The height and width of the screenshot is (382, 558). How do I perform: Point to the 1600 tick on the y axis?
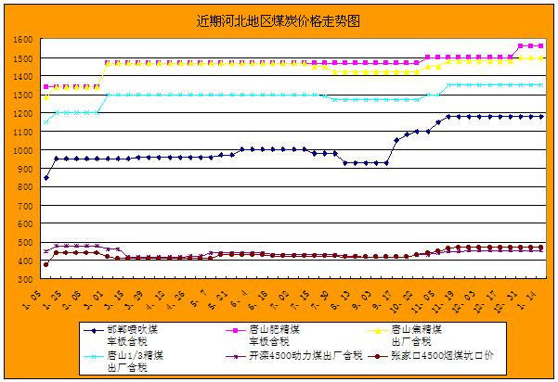click(24, 40)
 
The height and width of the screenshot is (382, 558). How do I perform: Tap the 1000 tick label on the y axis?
click(24, 150)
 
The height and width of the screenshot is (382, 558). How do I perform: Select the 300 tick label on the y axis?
click(26, 279)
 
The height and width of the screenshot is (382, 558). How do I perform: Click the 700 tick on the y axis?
click(26, 206)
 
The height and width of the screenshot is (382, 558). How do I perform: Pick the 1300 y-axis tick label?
click(24, 95)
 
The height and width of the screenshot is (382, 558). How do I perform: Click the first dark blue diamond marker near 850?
click(46, 178)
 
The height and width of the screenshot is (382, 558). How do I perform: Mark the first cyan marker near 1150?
click(46, 122)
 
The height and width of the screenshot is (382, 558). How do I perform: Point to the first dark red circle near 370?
click(46, 265)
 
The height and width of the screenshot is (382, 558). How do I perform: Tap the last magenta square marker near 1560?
click(541, 45)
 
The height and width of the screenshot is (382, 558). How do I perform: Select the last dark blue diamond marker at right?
click(541, 117)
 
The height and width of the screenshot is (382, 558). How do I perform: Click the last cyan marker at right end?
click(541, 85)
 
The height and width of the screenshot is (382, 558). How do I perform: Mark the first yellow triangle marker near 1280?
click(46, 97)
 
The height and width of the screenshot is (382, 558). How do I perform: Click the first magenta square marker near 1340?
click(46, 87)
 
